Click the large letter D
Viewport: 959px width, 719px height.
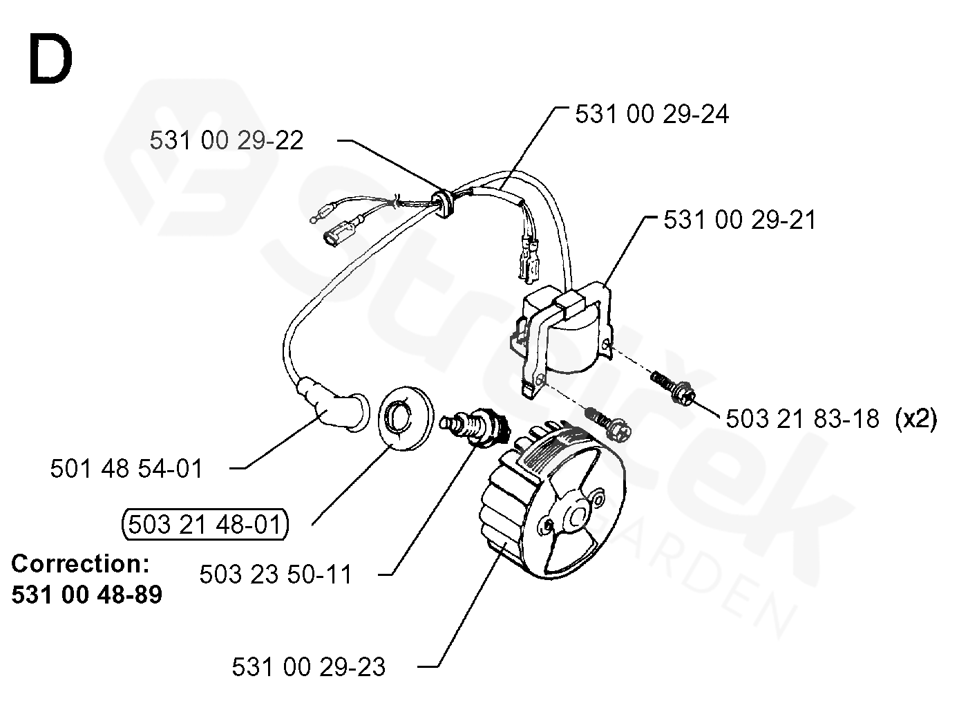(50, 59)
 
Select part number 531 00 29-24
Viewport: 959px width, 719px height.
(652, 114)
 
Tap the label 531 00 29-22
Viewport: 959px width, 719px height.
(227, 140)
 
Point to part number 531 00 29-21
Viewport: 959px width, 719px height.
(739, 219)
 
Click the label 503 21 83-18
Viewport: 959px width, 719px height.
(802, 418)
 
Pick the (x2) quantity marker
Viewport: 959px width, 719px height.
(915, 419)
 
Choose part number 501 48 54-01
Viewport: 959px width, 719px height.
(126, 469)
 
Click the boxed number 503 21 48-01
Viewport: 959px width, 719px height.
(205, 524)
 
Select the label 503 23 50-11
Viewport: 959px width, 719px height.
(276, 574)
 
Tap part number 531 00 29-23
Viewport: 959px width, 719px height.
(308, 667)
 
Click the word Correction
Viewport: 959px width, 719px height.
(80, 563)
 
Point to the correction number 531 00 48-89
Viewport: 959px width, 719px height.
(86, 595)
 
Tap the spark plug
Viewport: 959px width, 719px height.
(475, 425)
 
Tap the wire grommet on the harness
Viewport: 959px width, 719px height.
(443, 203)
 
